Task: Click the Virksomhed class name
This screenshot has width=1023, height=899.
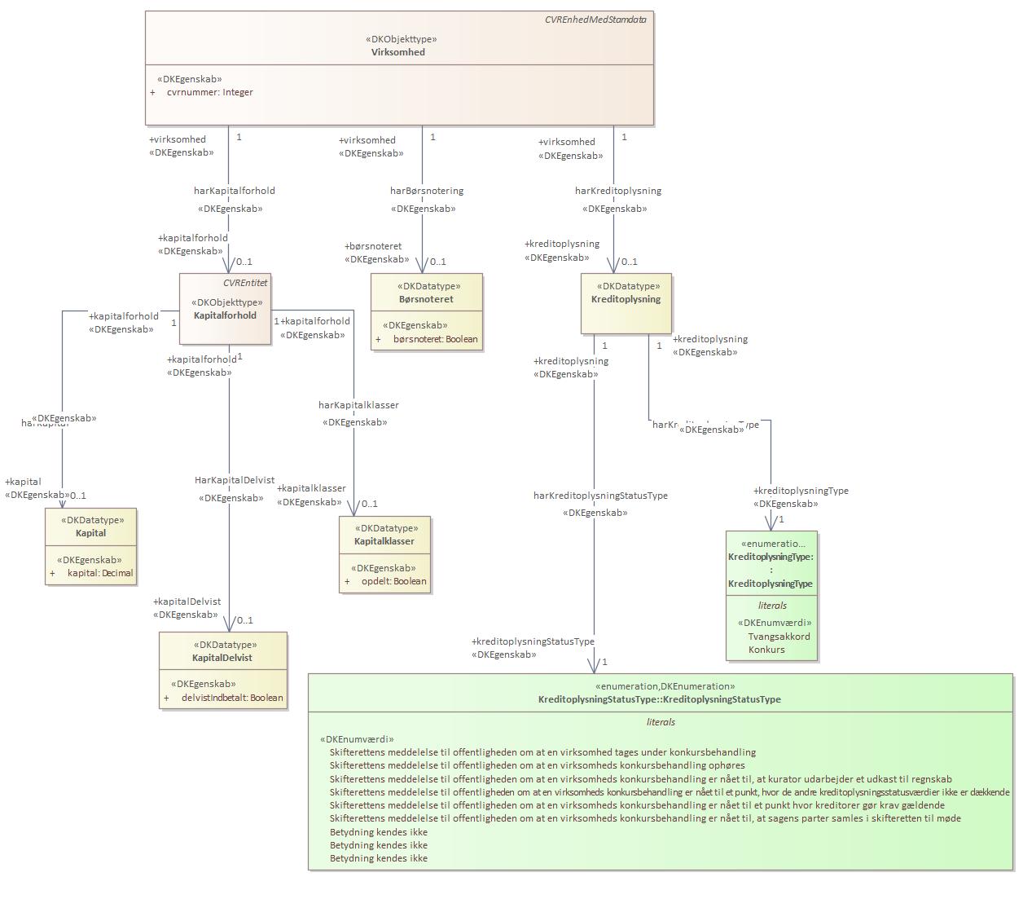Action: point(398,52)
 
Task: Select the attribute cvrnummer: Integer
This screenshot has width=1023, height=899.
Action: point(209,92)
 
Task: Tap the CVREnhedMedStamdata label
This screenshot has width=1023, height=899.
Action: point(595,19)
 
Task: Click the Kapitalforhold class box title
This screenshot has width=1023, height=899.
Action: point(225,315)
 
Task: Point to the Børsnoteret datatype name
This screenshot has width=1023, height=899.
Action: point(426,299)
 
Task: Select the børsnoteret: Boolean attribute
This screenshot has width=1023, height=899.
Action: point(435,339)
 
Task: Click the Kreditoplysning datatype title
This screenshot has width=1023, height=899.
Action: point(626,299)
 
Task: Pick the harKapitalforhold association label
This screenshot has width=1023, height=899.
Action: point(234,191)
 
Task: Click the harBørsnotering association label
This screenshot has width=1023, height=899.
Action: point(427,191)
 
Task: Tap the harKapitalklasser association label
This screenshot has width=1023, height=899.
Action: point(358,405)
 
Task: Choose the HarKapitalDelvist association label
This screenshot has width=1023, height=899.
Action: point(235,480)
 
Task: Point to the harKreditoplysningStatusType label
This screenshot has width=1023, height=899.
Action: point(600,496)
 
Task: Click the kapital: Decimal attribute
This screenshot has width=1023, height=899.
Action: point(99,573)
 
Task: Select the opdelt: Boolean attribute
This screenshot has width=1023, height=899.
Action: point(393,581)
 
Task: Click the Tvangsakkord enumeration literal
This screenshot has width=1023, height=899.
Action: point(779,637)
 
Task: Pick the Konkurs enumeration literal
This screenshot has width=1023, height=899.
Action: point(766,650)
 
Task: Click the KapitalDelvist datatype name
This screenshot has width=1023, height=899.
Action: point(222,658)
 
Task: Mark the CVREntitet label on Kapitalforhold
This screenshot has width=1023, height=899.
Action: point(245,283)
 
